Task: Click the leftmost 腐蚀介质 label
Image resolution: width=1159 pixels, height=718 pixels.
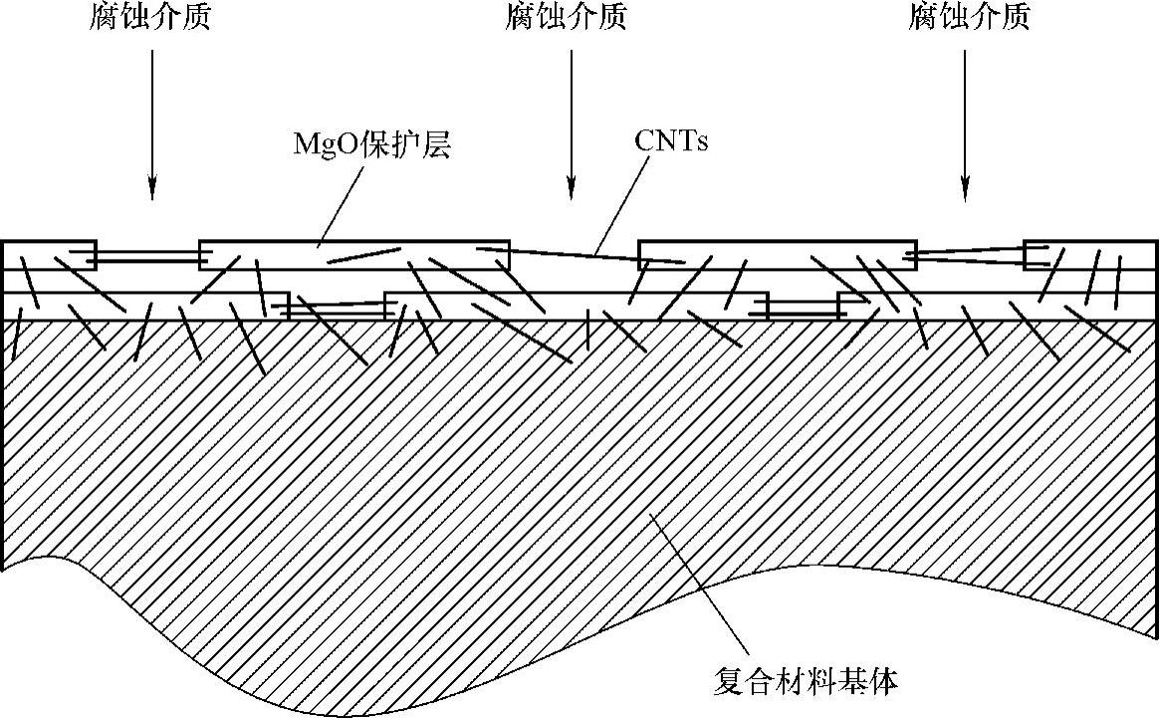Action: [x=149, y=18]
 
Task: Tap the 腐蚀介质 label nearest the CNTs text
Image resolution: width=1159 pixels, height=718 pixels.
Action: [x=566, y=18]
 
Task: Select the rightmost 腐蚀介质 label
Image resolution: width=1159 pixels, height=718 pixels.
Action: [x=969, y=18]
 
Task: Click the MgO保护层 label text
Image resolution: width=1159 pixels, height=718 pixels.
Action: [x=372, y=144]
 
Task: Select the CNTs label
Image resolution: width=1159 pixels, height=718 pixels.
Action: [x=671, y=141]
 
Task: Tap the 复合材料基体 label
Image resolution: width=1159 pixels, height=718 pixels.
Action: [x=807, y=682]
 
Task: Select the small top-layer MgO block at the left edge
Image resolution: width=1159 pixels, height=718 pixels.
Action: [x=50, y=255]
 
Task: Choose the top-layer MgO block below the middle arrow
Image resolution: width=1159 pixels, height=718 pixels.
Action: [x=777, y=255]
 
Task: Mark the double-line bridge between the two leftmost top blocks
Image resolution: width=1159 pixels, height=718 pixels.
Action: [x=147, y=259]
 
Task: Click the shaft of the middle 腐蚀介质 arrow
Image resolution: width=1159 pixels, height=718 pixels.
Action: [x=571, y=110]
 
